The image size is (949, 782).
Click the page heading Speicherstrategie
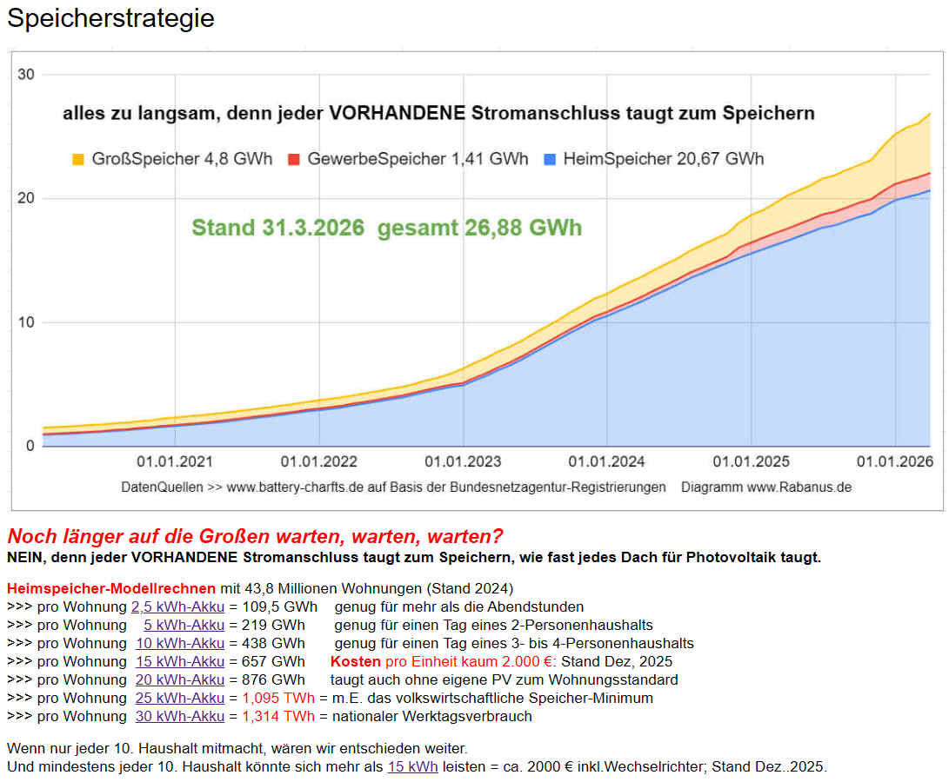pyautogui.click(x=111, y=18)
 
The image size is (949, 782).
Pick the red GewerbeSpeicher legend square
pyautogui.click(x=293, y=160)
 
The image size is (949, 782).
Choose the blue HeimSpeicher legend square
pyautogui.click(x=549, y=160)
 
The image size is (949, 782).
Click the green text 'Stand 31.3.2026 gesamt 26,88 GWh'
pyautogui.click(x=387, y=228)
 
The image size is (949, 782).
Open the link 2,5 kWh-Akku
pyautogui.click(x=177, y=606)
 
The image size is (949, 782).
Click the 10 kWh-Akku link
pyautogui.click(x=180, y=643)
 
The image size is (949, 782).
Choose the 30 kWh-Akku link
pyautogui.click(x=180, y=716)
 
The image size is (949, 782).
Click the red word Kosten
pyautogui.click(x=356, y=661)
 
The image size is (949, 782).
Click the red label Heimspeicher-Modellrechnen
pyautogui.click(x=110, y=588)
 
